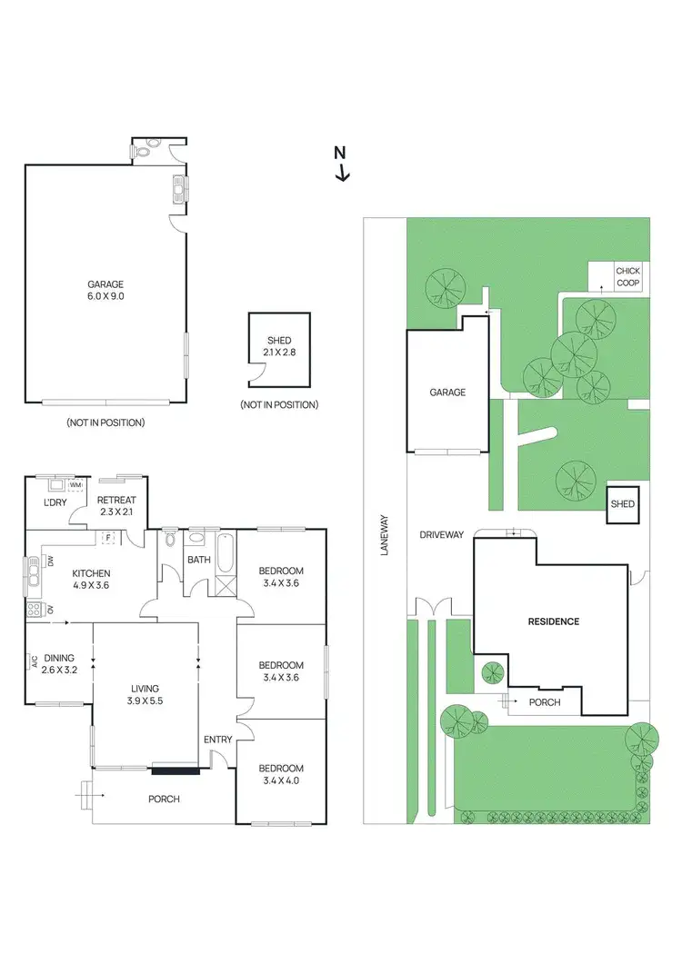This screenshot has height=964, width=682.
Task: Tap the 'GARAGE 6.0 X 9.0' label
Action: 105,290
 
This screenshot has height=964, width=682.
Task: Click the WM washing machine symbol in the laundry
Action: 74,485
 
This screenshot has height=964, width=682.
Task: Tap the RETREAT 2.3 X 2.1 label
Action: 116,505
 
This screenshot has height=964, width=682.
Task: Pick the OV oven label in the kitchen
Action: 50,609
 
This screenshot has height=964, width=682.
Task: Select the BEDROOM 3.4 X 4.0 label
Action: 280,774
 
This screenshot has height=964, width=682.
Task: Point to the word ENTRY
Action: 217,740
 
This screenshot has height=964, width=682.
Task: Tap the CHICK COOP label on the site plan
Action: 627,277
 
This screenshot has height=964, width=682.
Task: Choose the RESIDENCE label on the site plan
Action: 554,621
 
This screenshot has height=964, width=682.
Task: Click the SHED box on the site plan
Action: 623,504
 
